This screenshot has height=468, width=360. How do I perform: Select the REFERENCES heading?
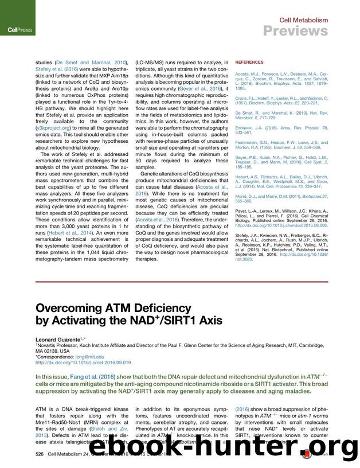[x=248, y=62]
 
